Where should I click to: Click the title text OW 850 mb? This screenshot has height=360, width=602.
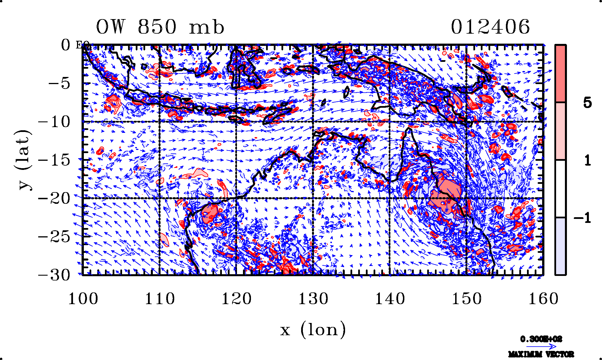pyautogui.click(x=160, y=27)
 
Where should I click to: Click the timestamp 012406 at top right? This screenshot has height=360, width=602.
pyautogui.click(x=490, y=27)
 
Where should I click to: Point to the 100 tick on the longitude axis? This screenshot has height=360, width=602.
pyautogui.click(x=83, y=299)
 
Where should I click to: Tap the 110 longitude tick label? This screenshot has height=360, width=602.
pyautogui.click(x=160, y=299)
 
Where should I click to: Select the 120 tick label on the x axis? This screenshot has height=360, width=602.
pyautogui.click(x=236, y=299)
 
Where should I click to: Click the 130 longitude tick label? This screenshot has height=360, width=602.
pyautogui.click(x=313, y=299)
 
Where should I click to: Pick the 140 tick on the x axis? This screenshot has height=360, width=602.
pyautogui.click(x=390, y=299)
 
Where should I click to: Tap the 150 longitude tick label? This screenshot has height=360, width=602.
pyautogui.click(x=467, y=299)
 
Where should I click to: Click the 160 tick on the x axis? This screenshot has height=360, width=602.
pyautogui.click(x=543, y=299)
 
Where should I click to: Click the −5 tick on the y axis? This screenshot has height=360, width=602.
pyautogui.click(x=59, y=84)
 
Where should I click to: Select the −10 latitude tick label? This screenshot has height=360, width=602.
pyautogui.click(x=54, y=122)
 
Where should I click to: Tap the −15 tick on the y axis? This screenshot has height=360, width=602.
pyautogui.click(x=54, y=160)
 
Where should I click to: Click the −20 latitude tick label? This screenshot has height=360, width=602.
pyautogui.click(x=54, y=198)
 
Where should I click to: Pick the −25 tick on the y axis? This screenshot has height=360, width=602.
pyautogui.click(x=54, y=237)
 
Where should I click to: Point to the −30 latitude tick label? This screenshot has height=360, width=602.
pyautogui.click(x=54, y=275)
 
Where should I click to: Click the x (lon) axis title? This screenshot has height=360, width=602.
pyautogui.click(x=313, y=330)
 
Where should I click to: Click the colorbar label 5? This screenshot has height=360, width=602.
pyautogui.click(x=587, y=103)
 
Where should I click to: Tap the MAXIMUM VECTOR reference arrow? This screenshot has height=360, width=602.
pyautogui.click(x=541, y=347)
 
